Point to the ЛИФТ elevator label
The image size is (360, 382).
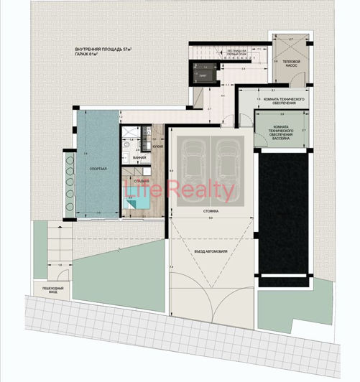[x=202, y=74]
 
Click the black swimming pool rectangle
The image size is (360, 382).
[x=285, y=215]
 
